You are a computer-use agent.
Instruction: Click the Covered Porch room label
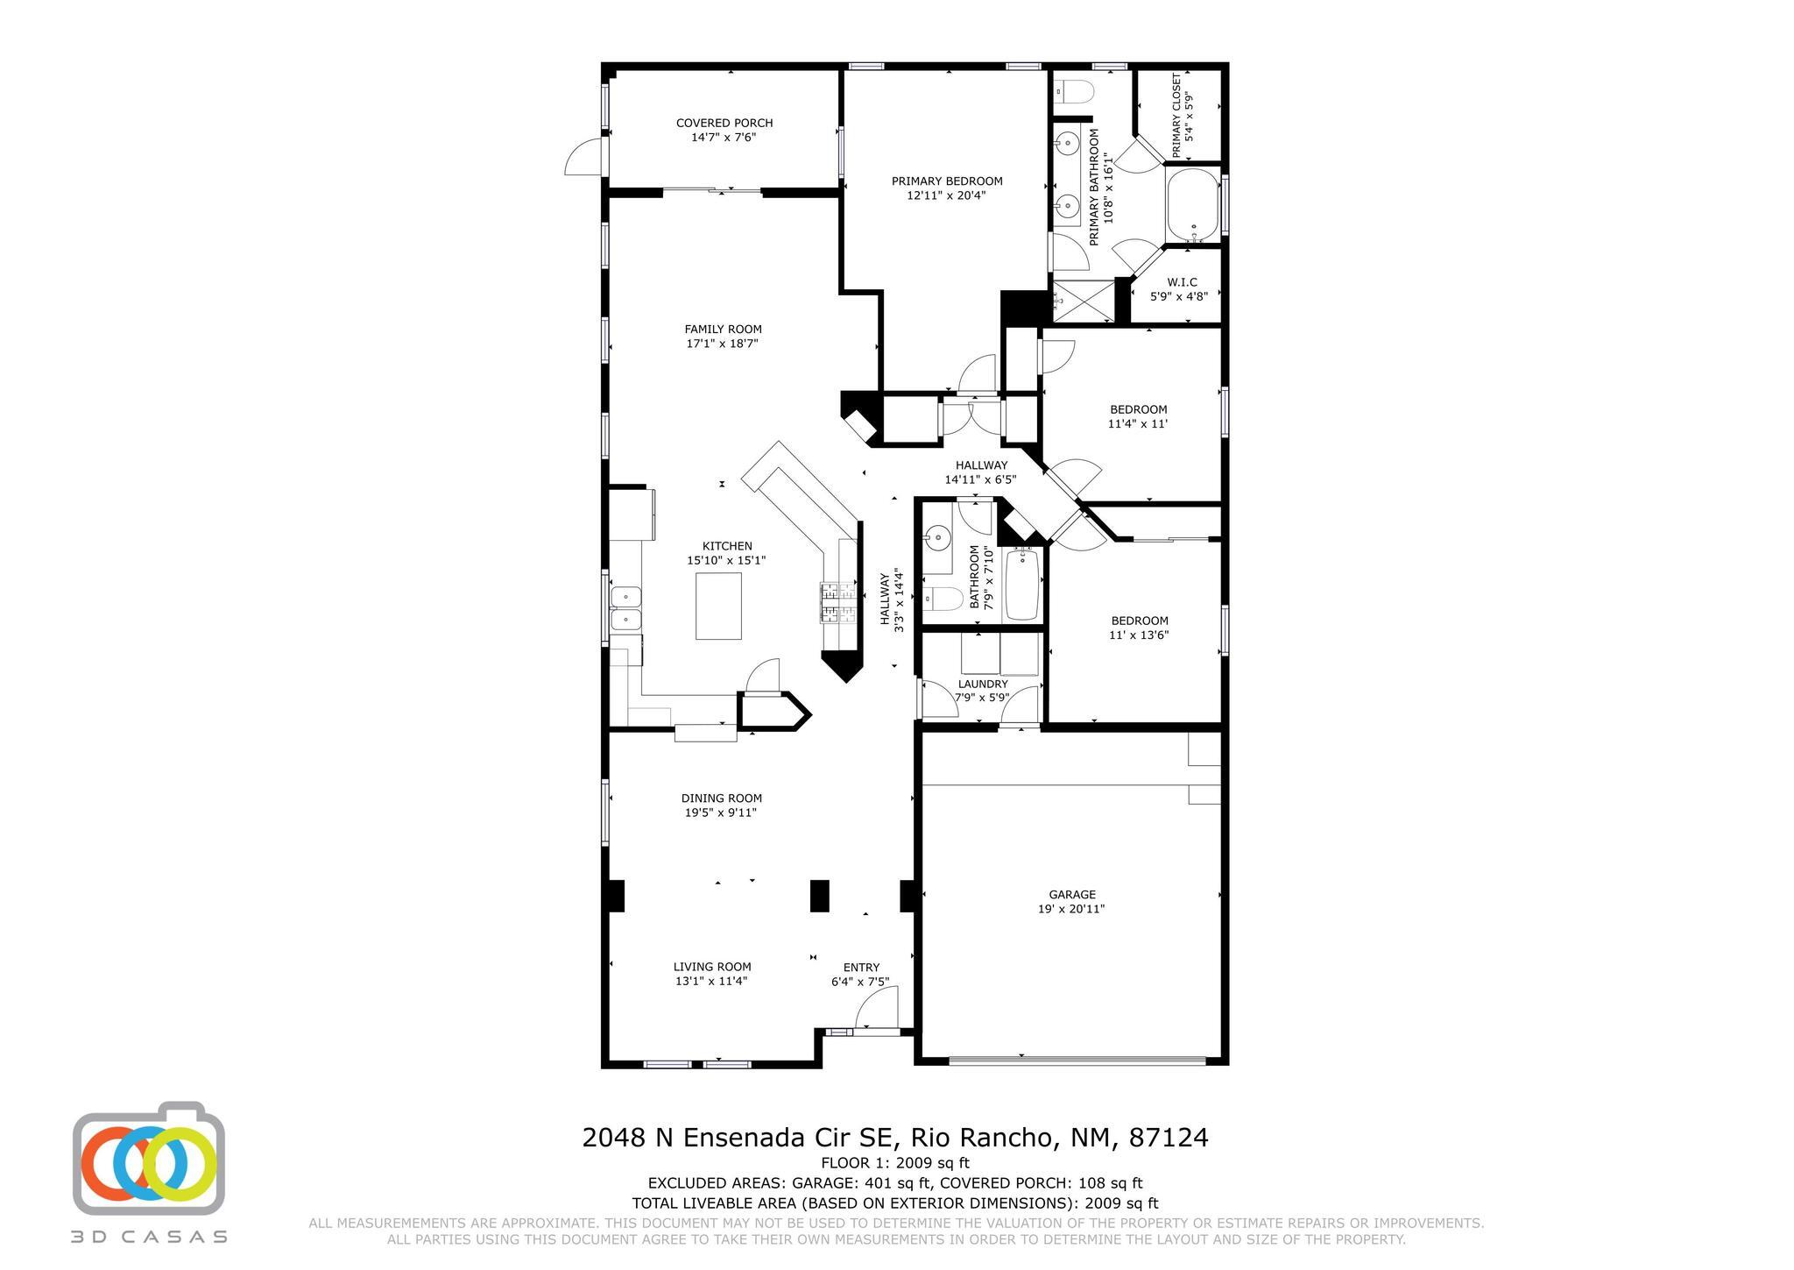[x=724, y=123]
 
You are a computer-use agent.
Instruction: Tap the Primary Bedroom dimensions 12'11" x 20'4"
[x=947, y=195]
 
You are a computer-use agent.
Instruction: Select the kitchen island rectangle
[x=718, y=606]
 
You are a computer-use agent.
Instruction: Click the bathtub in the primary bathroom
[x=1192, y=206]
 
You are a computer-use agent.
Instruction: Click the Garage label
[x=1072, y=895]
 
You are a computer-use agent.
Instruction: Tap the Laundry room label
[x=983, y=684]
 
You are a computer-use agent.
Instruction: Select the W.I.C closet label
[x=1182, y=282]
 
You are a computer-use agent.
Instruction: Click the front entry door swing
[x=876, y=1007]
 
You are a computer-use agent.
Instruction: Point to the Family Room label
[x=724, y=330]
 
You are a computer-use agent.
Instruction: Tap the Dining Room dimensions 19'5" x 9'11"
[x=721, y=812]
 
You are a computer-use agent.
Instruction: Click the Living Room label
[x=712, y=967]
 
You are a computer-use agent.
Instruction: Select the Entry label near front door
[x=861, y=968]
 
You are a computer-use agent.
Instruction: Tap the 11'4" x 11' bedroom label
[x=1138, y=416]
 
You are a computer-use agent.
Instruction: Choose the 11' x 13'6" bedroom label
[x=1139, y=628]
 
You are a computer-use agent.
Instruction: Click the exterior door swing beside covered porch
[x=584, y=158]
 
